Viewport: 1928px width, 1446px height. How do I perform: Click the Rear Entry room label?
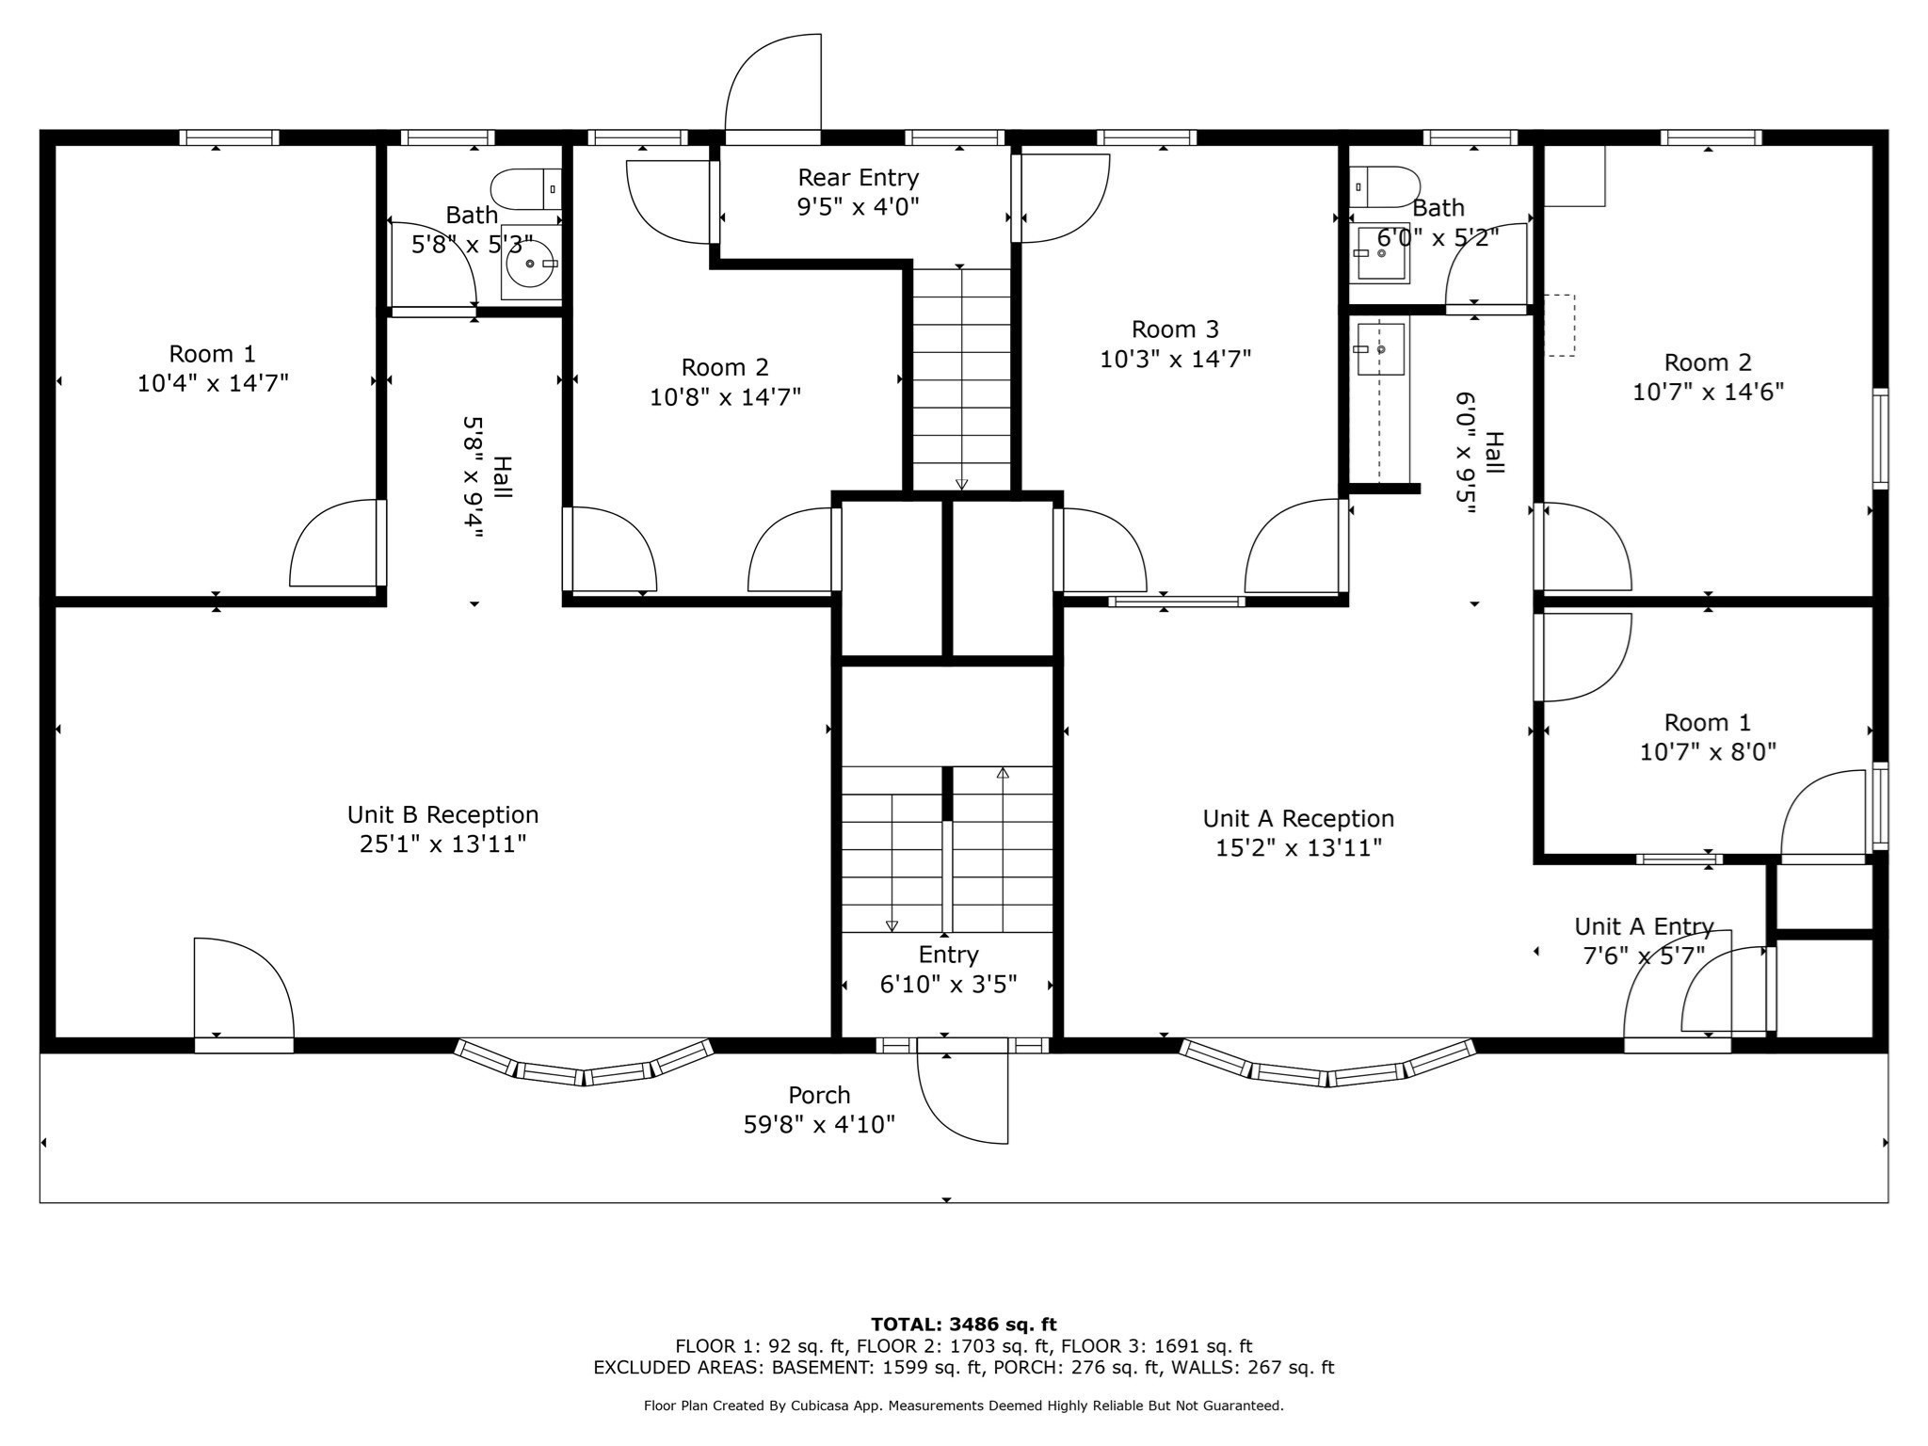[x=858, y=178]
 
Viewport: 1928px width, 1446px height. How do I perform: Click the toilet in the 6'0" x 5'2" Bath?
[x=1384, y=187]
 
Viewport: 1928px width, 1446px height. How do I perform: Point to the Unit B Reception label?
[x=442, y=814]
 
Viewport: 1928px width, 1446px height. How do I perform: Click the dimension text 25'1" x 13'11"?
[x=442, y=843]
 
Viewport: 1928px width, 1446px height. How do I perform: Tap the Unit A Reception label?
[x=1298, y=818]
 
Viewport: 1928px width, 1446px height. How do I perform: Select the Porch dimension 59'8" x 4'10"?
[x=819, y=1124]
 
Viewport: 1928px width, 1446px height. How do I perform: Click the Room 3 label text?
[x=1175, y=329]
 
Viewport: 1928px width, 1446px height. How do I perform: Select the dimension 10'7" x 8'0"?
[x=1708, y=752]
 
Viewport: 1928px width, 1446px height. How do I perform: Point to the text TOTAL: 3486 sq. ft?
[x=963, y=1325]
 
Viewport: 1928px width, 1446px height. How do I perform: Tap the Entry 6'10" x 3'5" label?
[x=948, y=970]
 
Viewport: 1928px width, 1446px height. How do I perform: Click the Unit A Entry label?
[x=1644, y=926]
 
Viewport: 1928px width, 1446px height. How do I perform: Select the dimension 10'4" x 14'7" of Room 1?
[x=213, y=383]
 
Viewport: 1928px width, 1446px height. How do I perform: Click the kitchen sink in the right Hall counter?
[x=1380, y=349]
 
